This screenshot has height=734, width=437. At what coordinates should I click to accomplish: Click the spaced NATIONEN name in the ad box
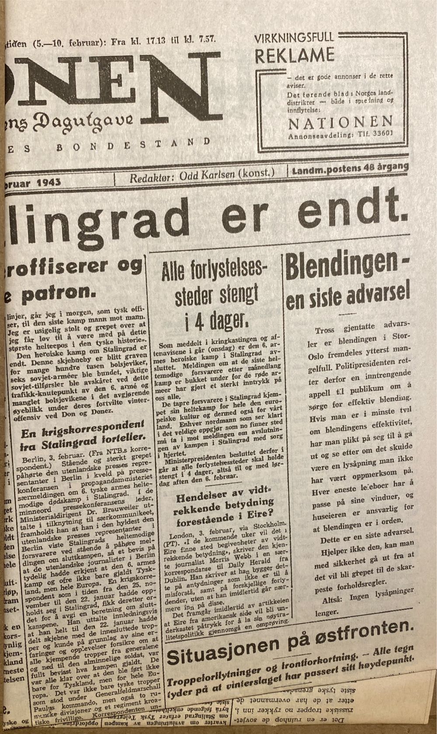tap(340, 123)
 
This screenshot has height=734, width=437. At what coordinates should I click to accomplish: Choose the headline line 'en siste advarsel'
tap(348, 296)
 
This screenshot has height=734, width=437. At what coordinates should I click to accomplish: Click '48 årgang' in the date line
tap(387, 167)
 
